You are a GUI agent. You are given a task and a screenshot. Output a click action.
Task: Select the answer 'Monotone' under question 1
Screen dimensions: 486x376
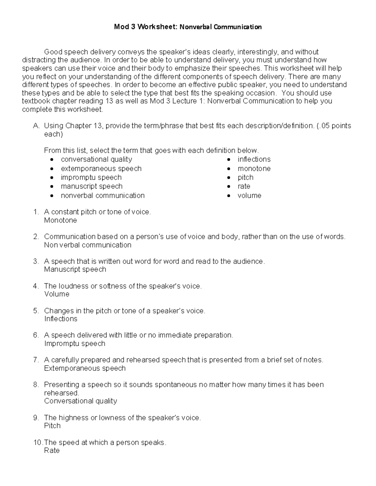coord(60,220)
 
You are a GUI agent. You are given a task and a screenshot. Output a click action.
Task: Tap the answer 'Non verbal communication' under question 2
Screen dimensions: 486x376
coord(88,245)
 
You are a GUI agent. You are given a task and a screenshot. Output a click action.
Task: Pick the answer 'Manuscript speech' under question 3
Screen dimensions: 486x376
coord(75,269)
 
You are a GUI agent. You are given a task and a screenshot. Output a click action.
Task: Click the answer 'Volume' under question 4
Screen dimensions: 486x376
coord(57,294)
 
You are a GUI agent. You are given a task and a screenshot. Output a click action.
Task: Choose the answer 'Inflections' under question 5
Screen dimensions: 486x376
coord(61,319)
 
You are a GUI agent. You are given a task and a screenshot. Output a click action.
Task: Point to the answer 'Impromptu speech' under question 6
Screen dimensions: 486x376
coord(75,344)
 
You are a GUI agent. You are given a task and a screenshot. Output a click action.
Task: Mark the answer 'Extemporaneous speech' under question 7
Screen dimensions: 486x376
coord(85,368)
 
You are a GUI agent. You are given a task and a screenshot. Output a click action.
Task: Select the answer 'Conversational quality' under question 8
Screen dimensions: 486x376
coord(81,401)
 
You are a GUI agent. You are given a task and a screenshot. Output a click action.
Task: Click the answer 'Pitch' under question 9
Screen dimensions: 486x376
coord(52,426)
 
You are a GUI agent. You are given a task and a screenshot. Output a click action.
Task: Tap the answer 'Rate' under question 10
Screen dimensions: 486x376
coord(52,451)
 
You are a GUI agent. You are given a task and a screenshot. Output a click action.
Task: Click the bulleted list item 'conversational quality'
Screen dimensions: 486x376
coord(97,159)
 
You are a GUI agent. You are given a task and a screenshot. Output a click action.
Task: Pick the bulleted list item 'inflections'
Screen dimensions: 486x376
coord(254,159)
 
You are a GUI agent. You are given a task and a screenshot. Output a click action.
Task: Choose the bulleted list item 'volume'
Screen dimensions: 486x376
coord(249,196)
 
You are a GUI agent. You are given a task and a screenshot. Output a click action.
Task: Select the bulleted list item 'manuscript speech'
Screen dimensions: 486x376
coord(91,187)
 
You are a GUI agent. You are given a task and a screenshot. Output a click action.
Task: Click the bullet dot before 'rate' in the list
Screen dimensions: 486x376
coord(229,187)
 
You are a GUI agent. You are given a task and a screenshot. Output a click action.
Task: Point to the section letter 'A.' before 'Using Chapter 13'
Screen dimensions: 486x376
coord(36,126)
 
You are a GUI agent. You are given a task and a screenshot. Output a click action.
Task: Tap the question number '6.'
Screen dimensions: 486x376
coord(36,335)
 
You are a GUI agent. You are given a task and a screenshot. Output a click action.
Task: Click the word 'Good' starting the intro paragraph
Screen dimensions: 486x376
coord(53,52)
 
